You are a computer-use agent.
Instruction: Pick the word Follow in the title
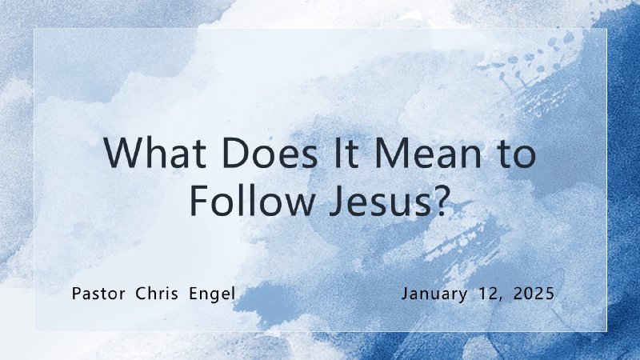pos(242,200)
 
